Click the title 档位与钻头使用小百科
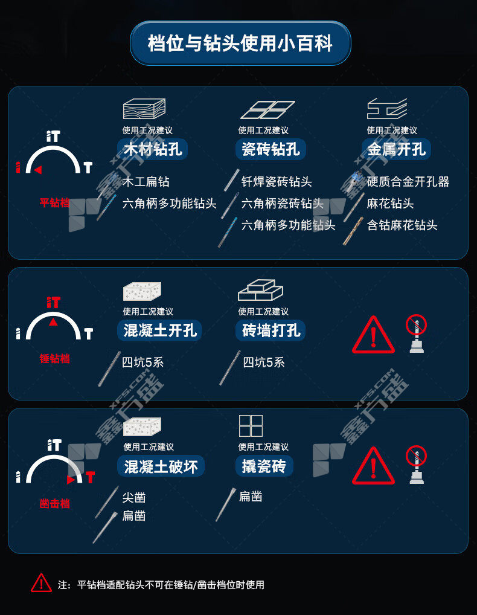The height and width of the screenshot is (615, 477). tap(240, 43)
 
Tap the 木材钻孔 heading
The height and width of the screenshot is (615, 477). tap(153, 149)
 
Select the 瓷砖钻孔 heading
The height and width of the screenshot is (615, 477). tap(271, 149)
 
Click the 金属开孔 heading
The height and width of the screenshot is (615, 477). tap(396, 149)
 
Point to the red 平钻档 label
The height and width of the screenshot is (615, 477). tap(54, 202)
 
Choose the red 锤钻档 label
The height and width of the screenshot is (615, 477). tap(54, 358)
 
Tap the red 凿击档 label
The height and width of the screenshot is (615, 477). tap(54, 503)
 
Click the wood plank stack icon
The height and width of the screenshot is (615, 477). tap(144, 109)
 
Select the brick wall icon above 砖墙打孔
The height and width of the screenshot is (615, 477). tap(260, 290)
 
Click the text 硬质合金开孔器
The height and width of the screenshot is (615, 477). tap(408, 182)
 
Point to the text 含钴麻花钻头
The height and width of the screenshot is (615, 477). tap(402, 225)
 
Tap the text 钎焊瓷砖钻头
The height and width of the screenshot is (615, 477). tap(277, 182)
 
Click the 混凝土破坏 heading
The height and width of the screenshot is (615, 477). tap(161, 466)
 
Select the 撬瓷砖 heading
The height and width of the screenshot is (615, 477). tap(264, 466)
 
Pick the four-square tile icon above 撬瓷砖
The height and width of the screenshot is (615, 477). tap(251, 425)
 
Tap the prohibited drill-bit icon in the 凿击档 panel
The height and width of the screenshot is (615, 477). tap(416, 465)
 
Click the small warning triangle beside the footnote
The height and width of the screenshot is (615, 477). tap(41, 583)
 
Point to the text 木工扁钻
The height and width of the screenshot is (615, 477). tap(146, 182)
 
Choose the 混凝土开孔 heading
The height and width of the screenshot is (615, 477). tap(160, 330)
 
